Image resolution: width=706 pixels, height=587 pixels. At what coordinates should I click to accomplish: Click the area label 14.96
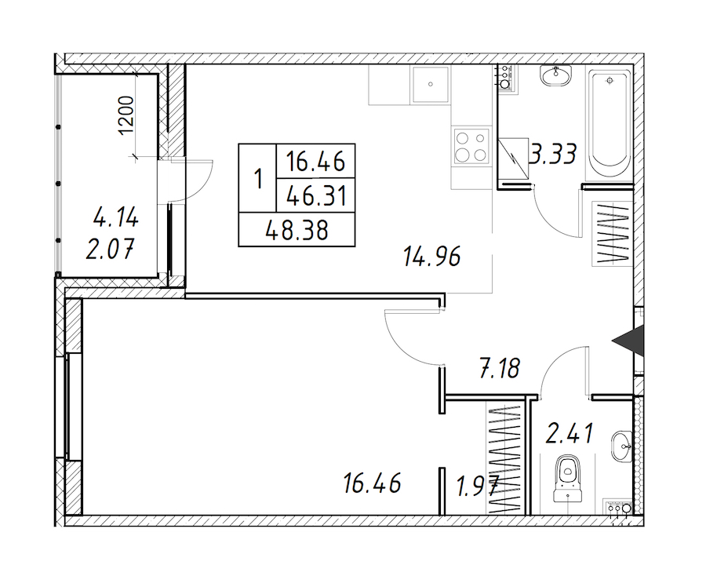431,257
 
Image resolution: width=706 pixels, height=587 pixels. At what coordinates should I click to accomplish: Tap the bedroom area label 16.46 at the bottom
372,484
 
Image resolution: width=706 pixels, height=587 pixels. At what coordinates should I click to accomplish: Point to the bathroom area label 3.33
553,154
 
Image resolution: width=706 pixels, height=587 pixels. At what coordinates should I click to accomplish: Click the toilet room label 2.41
570,433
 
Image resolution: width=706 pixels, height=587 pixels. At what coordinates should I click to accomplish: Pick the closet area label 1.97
477,487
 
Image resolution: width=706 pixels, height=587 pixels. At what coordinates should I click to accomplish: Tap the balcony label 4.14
116,218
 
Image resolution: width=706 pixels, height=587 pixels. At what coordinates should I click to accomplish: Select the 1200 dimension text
126,115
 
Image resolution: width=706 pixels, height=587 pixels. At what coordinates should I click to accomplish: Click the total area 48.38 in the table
297,230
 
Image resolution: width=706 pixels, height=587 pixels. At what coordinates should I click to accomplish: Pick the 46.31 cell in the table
316,196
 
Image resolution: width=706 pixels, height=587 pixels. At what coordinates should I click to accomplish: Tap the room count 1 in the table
258,179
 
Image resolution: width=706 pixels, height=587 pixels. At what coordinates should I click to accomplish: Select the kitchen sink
431,85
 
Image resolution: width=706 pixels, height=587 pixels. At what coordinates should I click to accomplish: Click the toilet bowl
568,479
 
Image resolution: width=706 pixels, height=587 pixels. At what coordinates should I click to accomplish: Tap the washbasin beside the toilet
622,446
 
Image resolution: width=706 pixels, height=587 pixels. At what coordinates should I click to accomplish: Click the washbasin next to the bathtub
556,75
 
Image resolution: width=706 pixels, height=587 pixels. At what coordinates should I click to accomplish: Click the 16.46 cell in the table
316,162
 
